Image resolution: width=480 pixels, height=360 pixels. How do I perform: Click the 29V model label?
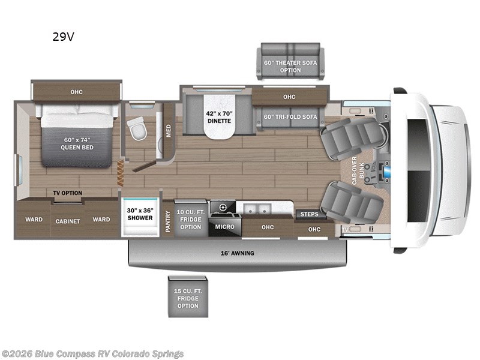coord(64,37)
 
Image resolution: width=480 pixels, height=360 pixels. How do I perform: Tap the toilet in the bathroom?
coord(137,128)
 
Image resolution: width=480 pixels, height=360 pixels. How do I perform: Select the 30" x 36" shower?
coord(140,217)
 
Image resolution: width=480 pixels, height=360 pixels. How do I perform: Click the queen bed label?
coord(77,143)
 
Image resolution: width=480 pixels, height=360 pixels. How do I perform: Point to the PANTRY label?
coord(168,221)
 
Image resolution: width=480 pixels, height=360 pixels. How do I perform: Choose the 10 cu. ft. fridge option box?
coord(191,218)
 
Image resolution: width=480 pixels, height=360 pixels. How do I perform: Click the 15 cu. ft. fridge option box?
coord(188,296)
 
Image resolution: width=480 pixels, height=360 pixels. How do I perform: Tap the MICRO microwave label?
coord(224,227)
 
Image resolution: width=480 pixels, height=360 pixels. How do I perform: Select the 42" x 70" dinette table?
coord(219,116)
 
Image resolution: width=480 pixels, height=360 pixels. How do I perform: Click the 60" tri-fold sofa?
coord(290,118)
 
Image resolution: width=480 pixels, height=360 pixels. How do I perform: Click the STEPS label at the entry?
coord(309,214)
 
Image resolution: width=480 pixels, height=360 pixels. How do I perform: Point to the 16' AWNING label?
coord(237,253)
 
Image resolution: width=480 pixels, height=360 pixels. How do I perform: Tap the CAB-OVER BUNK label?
coord(358,170)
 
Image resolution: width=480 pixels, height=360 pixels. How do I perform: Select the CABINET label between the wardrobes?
coord(68,221)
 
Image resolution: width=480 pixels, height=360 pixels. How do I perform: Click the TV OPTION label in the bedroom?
coord(68,193)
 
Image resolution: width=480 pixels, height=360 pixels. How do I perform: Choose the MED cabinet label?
coord(169,131)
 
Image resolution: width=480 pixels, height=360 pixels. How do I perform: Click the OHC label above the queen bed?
coord(76,92)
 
